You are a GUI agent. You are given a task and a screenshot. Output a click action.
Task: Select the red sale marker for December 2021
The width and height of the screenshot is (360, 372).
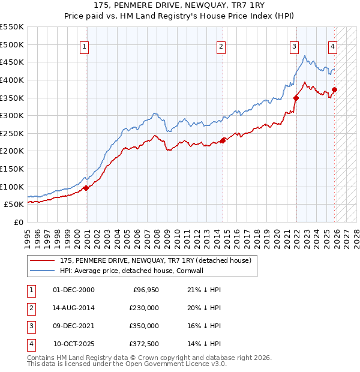(296, 98)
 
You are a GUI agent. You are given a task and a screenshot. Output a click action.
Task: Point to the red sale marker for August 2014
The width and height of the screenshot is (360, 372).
(223, 140)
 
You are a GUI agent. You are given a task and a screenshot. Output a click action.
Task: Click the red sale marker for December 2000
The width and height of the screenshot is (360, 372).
(86, 188)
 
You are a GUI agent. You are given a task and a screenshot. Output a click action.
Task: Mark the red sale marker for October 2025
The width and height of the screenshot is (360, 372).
(334, 90)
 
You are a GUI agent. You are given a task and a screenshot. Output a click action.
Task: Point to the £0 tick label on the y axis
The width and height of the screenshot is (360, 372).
(18, 222)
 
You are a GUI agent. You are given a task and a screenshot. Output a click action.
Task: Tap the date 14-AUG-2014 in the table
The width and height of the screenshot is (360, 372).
(74, 308)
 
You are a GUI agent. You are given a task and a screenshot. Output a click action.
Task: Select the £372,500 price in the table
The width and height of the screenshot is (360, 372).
(143, 344)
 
